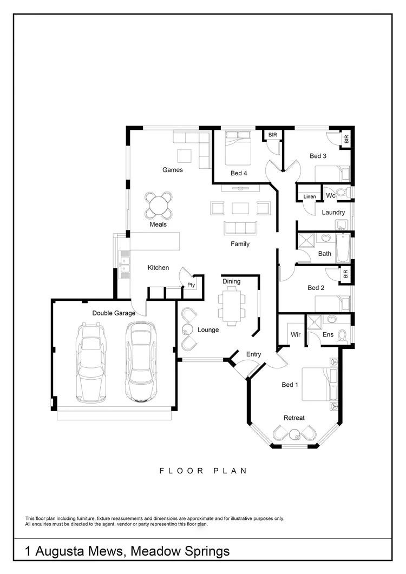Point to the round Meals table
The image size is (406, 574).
click(x=159, y=205)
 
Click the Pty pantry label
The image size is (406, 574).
click(x=191, y=285)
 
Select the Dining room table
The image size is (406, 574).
click(x=231, y=306)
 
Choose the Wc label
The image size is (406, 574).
click(x=330, y=196)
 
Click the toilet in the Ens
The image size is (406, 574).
click(x=342, y=337)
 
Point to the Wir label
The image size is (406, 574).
click(x=296, y=335)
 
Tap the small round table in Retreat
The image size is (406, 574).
click(x=294, y=432)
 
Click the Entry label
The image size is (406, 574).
click(x=253, y=354)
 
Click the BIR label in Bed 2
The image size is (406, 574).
click(x=345, y=275)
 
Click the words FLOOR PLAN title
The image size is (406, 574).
click(x=203, y=471)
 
